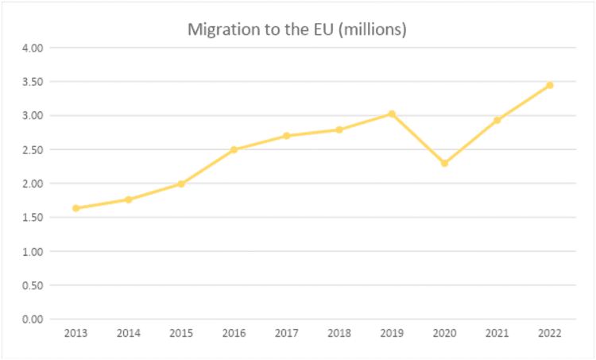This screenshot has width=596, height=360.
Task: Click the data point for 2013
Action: pos(75,208)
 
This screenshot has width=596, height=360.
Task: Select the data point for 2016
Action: pos(234,149)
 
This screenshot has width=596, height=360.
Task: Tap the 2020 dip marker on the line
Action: pos(444,164)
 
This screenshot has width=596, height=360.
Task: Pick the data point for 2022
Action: pos(549,85)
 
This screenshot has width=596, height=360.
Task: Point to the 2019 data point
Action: pos(392,114)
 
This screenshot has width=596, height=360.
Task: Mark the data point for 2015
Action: pos(181,184)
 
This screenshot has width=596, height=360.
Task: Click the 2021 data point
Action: pos(497,120)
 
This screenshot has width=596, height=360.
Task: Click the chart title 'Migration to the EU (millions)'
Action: pos(297,30)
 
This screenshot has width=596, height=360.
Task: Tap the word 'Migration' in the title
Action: pos(221,30)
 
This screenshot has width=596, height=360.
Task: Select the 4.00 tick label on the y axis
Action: pos(31,48)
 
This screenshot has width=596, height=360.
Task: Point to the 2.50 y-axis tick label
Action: pos(31,149)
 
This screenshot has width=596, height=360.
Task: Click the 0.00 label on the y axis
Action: pos(31,319)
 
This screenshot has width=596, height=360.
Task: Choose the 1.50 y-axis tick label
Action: pos(31,218)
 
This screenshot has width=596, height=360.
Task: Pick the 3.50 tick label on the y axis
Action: pos(31,82)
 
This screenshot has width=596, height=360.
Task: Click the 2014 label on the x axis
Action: pos(129,335)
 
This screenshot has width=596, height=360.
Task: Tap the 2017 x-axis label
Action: pos(286,335)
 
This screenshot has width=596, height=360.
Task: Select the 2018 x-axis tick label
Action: pos(339,335)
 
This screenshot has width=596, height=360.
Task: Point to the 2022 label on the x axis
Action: pos(549,335)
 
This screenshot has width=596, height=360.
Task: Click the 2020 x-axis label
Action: pos(444,335)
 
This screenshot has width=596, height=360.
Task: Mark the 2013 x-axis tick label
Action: pos(75,335)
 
